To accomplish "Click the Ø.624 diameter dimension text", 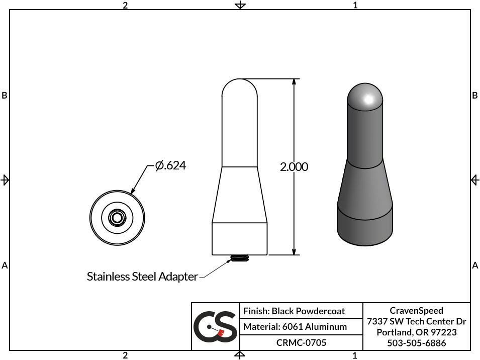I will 170,165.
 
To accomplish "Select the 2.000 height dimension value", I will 294,167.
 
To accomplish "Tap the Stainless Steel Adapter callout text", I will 142,277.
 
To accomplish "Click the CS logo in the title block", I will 215,326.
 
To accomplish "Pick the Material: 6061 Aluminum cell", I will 295,327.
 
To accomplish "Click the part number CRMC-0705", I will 301,343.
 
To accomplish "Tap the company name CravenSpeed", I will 416,310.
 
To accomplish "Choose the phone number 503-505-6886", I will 416,343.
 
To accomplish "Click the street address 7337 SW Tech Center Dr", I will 416,321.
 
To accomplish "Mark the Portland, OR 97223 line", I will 416,332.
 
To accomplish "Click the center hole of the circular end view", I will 117,218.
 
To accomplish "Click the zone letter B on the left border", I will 5,95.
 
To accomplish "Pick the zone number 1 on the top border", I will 355,5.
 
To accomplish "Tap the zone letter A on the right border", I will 475,265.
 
